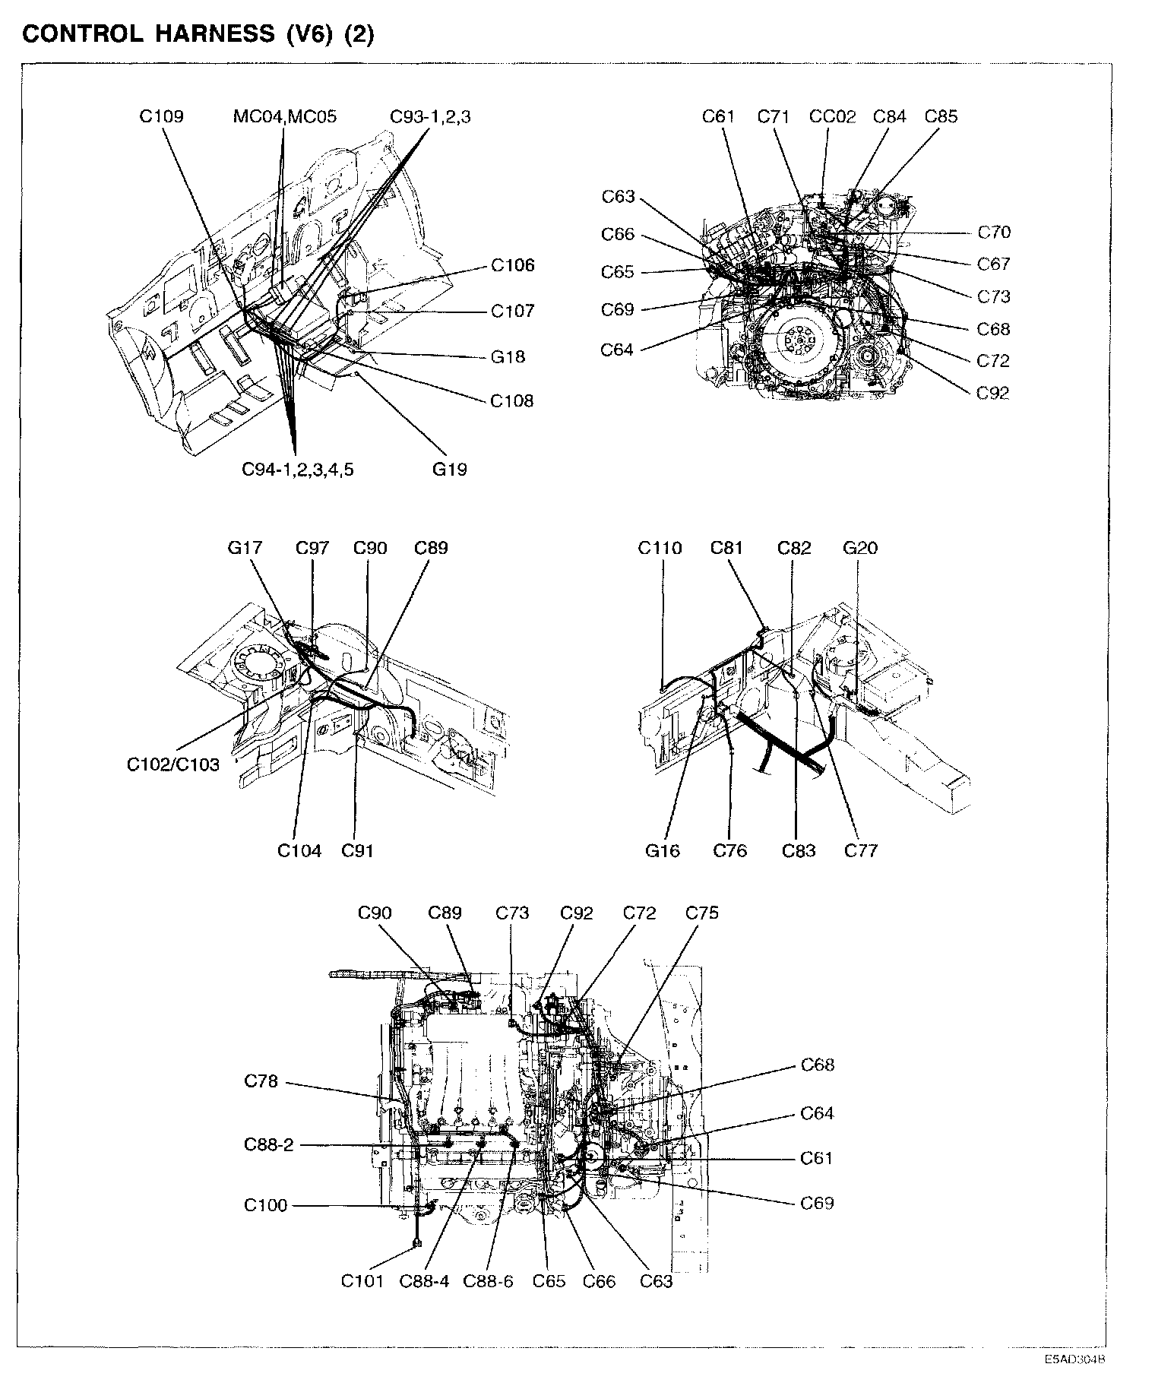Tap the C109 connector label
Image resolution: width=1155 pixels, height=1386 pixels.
(161, 116)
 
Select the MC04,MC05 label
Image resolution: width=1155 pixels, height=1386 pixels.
(284, 116)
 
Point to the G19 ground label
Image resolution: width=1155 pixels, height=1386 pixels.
(449, 469)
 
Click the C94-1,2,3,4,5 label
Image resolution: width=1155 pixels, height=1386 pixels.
(298, 469)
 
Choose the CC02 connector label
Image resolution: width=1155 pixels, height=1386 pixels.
(832, 116)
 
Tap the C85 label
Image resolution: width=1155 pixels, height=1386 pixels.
(941, 116)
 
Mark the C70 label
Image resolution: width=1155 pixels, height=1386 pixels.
(993, 233)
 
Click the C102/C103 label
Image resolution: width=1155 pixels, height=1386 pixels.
(172, 764)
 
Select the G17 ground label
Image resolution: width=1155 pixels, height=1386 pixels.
(245, 548)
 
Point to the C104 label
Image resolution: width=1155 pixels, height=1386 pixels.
(299, 850)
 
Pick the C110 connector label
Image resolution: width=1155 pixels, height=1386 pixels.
(660, 548)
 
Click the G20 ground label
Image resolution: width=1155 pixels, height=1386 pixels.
(860, 548)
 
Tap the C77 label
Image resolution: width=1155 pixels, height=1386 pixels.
(861, 850)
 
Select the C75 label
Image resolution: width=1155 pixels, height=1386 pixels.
(701, 913)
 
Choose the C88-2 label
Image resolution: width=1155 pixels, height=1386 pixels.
(268, 1144)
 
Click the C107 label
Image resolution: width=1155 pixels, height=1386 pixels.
(512, 311)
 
